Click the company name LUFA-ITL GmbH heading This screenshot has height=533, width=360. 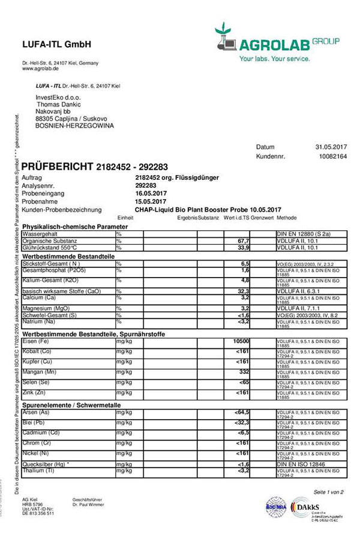pyautogui.click(x=56, y=44)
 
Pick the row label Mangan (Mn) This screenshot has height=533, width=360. pyautogui.click(x=41, y=373)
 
